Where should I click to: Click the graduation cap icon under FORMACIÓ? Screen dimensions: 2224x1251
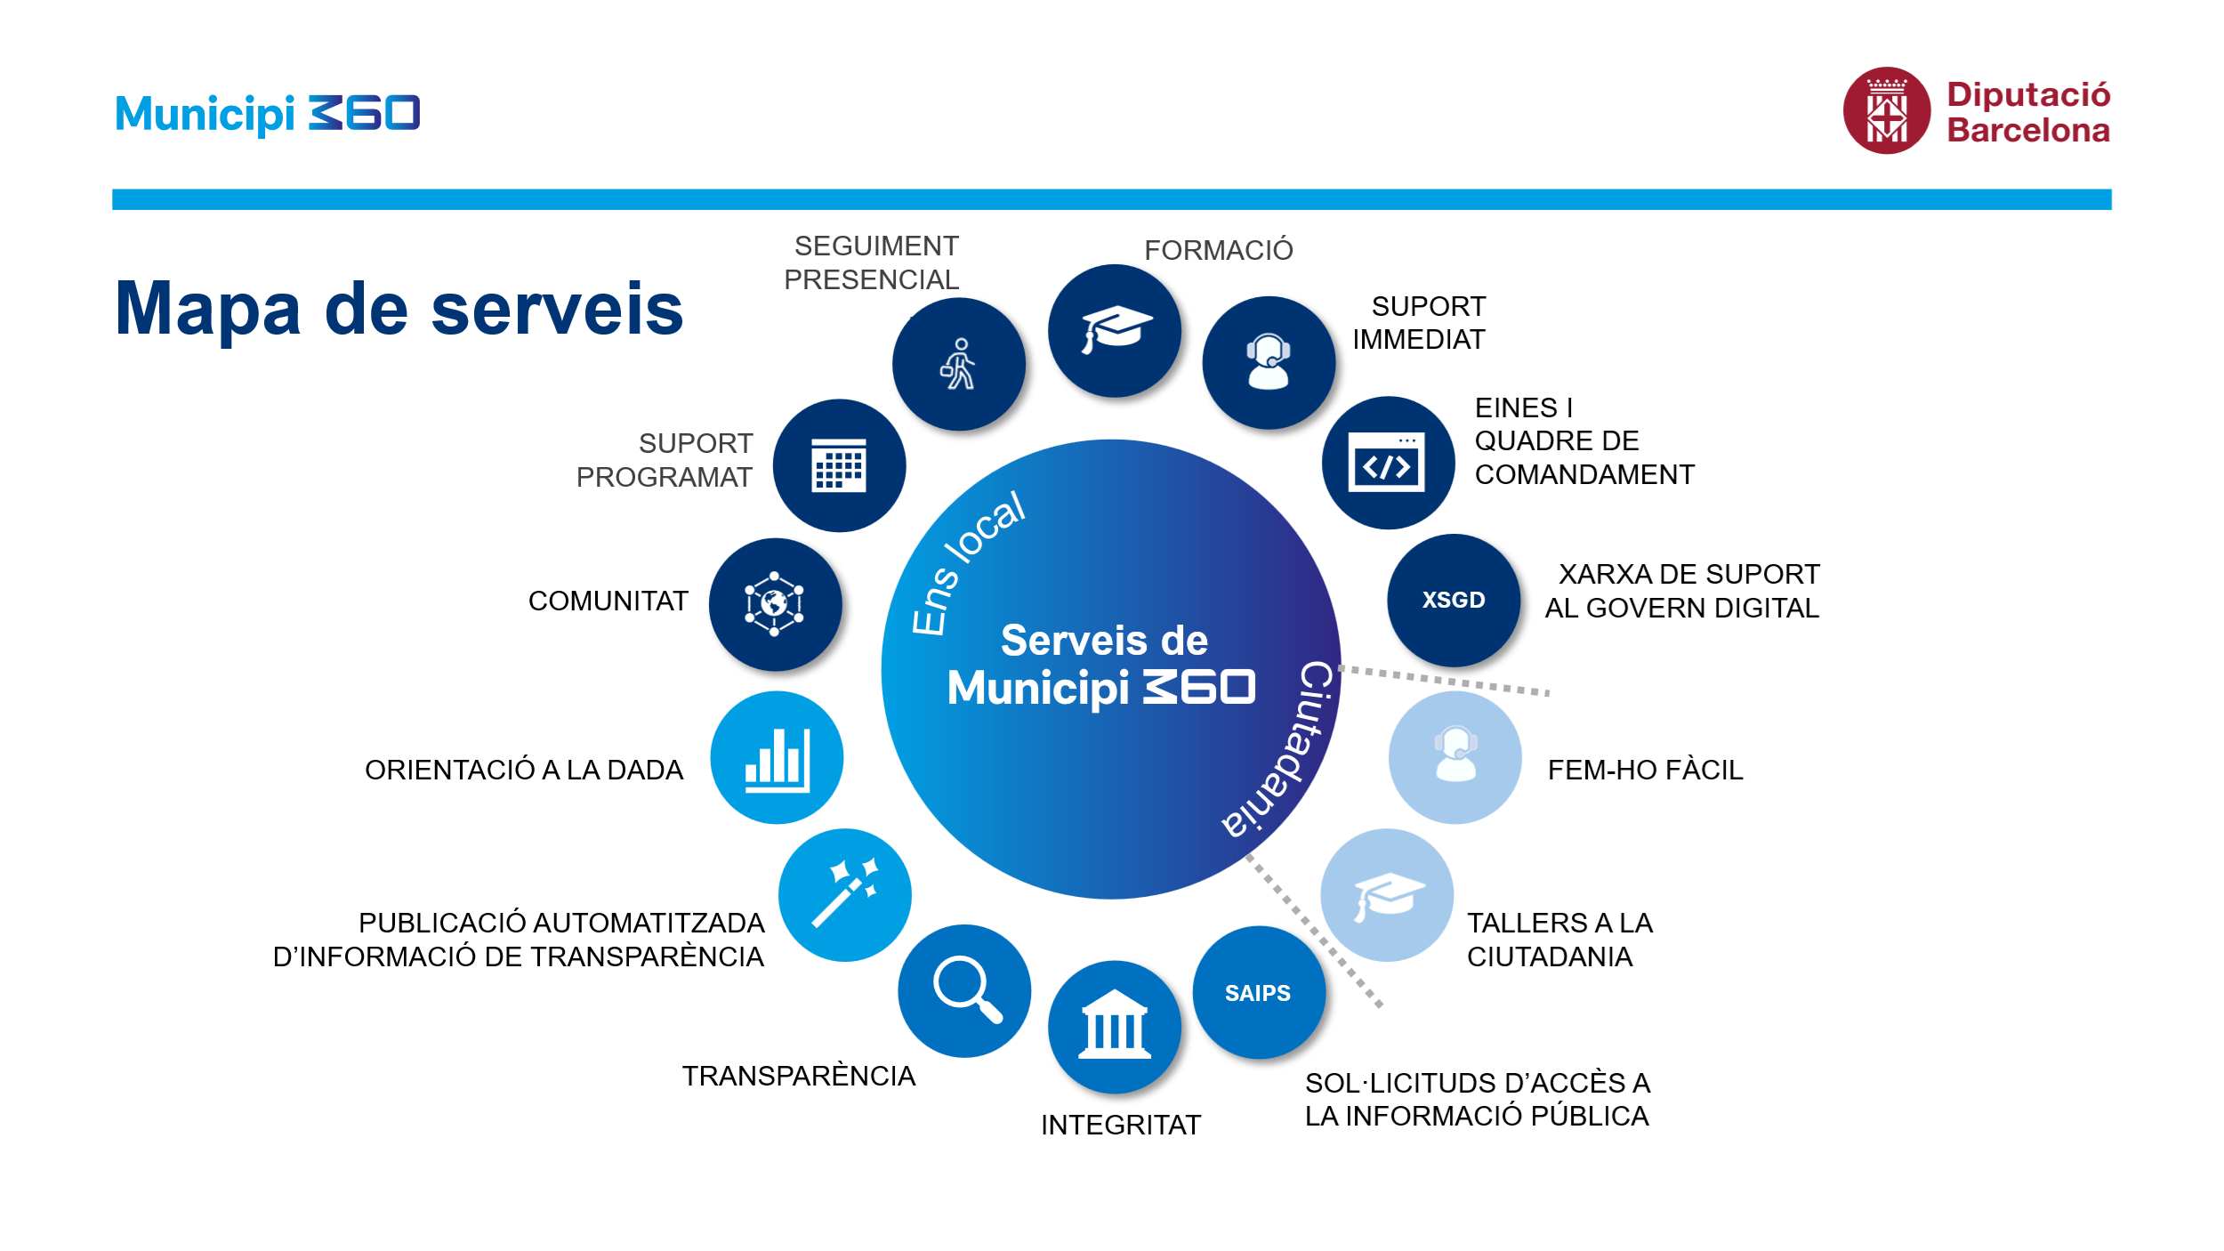coord(1116,330)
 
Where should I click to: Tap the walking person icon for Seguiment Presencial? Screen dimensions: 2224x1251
coord(958,364)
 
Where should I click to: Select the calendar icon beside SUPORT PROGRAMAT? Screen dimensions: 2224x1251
coord(839,464)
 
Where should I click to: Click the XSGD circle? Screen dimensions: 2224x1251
coord(1454,600)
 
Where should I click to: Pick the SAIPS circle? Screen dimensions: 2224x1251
coord(1259,992)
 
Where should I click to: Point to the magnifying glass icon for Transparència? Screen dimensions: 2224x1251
coord(968,989)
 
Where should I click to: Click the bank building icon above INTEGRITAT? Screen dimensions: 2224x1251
coord(1115,1023)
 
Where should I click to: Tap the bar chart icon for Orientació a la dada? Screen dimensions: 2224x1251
coord(778,760)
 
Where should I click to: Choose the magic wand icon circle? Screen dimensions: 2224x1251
coord(845,894)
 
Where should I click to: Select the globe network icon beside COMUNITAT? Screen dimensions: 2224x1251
coord(774,604)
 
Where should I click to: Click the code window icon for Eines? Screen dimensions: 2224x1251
coord(1387,462)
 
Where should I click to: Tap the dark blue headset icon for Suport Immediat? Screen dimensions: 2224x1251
coord(1269,361)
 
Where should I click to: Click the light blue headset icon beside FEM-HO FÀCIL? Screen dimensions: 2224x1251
coord(1456,755)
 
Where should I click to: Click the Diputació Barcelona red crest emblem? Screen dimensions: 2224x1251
coord(1887,110)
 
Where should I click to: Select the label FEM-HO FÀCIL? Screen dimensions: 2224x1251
coord(1645,770)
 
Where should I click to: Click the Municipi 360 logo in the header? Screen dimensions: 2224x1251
coord(268,114)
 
